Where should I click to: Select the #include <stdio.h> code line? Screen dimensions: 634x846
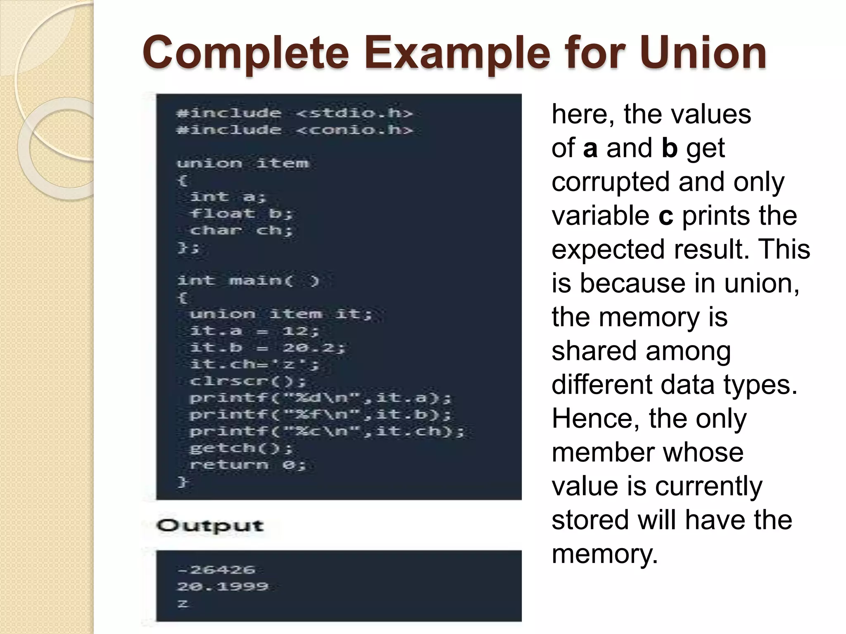[x=294, y=113]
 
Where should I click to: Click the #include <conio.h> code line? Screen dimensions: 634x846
[x=294, y=130]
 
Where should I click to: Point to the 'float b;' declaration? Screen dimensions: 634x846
[x=241, y=213]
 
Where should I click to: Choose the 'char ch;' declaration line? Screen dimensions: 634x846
[x=241, y=230]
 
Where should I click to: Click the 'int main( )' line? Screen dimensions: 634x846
[x=248, y=281]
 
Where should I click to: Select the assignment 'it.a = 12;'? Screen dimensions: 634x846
[x=254, y=331]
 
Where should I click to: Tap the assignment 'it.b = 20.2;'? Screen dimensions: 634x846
[x=267, y=348]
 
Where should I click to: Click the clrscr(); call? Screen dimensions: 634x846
[x=247, y=381]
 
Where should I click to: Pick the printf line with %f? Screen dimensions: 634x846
[x=320, y=414]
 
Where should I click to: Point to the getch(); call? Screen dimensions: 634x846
[x=241, y=448]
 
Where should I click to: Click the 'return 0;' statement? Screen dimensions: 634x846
[x=247, y=465]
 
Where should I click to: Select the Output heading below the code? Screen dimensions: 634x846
[x=210, y=526]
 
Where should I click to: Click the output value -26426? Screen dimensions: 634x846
[x=216, y=570]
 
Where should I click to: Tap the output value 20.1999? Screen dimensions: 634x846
[x=223, y=587]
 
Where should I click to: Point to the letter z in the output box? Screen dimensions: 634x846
[x=183, y=603]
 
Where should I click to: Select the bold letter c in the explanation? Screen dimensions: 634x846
[x=665, y=216]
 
